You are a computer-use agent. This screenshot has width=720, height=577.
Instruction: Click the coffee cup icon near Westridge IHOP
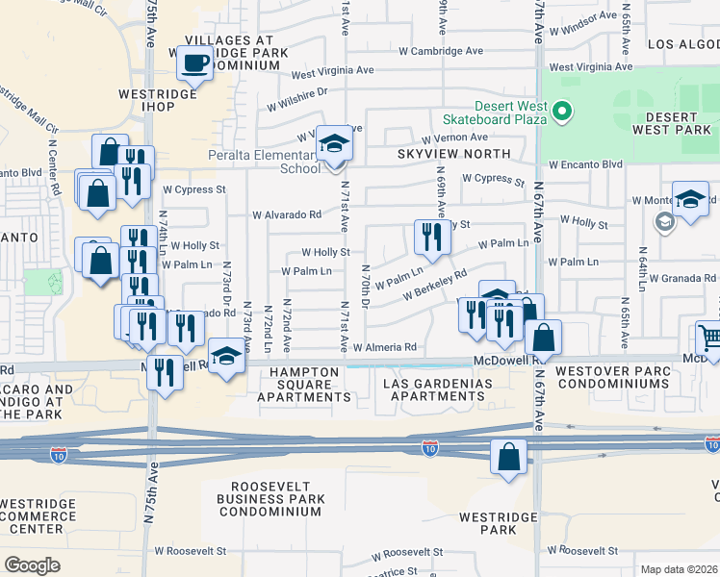point(194,65)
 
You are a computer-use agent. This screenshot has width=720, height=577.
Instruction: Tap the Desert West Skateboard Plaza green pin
point(560,112)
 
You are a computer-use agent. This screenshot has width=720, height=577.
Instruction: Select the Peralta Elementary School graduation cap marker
point(334,144)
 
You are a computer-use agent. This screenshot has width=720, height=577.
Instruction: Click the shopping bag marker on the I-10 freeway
point(507,458)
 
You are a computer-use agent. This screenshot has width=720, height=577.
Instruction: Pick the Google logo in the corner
point(32,564)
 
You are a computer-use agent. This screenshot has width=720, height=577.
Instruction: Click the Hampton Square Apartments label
point(304,385)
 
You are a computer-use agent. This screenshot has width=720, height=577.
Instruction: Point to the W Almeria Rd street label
point(385,347)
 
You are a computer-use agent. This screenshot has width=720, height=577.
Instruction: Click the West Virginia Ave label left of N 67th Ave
point(332,72)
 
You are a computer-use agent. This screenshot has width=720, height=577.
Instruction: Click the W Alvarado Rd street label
point(286,215)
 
